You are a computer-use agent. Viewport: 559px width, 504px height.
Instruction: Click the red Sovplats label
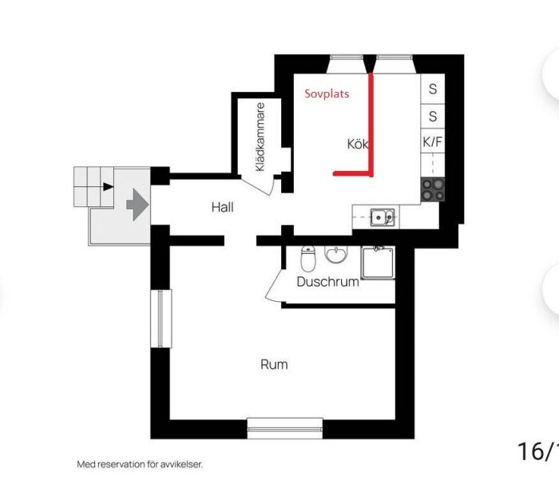click(327, 93)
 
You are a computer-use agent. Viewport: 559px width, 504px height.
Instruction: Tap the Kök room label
click(358, 144)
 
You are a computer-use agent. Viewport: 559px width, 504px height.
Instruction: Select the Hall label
click(223, 207)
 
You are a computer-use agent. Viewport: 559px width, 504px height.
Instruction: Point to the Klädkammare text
click(260, 137)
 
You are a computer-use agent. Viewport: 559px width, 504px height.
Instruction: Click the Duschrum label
click(327, 282)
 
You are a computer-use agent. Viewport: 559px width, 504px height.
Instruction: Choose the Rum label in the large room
click(274, 364)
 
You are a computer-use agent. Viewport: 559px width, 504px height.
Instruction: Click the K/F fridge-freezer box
click(433, 142)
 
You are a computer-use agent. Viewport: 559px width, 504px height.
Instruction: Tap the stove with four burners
click(433, 189)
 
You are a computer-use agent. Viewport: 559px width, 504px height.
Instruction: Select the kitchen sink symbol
click(383, 217)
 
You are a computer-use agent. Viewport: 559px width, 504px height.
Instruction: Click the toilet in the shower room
click(307, 258)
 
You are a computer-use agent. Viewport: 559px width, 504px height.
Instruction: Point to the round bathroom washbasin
click(335, 254)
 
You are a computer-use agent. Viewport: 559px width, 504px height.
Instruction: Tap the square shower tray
click(378, 263)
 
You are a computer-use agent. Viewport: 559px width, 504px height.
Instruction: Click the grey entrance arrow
click(137, 204)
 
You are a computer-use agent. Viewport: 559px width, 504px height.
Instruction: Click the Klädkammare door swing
click(259, 185)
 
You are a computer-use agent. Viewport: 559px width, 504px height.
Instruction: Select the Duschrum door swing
click(274, 285)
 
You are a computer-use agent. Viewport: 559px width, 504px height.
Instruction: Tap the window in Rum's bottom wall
click(285, 429)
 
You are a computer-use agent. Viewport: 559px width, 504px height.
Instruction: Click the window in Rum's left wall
click(161, 319)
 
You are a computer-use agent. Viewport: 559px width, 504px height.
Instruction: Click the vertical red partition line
click(371, 124)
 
